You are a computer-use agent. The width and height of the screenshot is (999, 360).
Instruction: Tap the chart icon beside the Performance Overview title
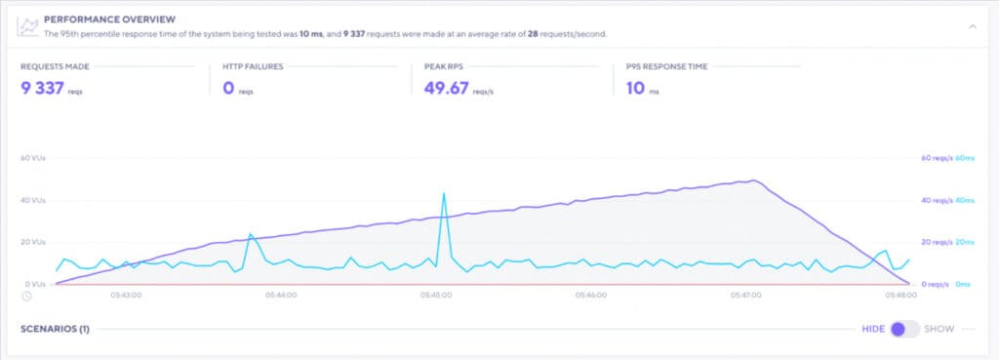click(29, 25)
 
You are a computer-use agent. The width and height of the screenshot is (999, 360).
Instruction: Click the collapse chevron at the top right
click(972, 26)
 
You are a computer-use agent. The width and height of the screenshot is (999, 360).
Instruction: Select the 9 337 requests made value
click(42, 89)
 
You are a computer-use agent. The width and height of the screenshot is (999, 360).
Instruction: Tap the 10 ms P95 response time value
click(635, 89)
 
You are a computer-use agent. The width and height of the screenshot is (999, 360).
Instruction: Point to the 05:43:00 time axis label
click(125, 294)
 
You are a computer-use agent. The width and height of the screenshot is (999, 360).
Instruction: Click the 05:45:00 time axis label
click(436, 294)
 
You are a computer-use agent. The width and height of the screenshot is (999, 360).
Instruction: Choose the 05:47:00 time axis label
click(746, 294)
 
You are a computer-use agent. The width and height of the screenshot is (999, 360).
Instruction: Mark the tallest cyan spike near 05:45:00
click(444, 194)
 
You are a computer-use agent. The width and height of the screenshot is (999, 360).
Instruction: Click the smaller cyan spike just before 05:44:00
click(250, 234)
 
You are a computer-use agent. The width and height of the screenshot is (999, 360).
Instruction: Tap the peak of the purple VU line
click(751, 180)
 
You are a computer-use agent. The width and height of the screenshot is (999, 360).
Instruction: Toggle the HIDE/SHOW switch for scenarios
click(904, 329)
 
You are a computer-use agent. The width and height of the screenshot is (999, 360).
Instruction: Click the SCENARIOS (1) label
click(55, 329)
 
